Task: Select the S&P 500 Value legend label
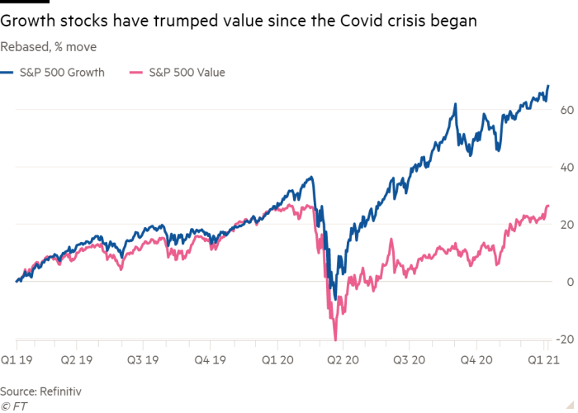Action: click(x=187, y=73)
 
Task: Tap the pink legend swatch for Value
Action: click(x=136, y=73)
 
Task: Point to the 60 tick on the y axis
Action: click(x=565, y=109)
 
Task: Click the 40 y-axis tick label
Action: click(x=565, y=167)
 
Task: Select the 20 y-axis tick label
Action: click(x=565, y=225)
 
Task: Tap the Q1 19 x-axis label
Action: click(x=17, y=360)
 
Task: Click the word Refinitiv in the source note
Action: click(x=59, y=389)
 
